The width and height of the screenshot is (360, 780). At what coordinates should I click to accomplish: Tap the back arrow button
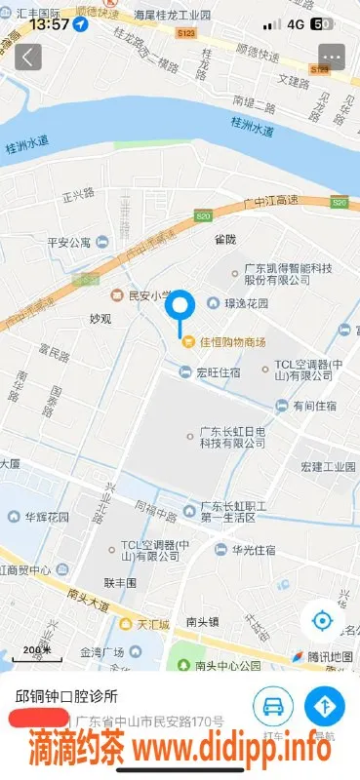pyautogui.click(x=27, y=57)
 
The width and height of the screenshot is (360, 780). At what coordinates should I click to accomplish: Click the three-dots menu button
pyautogui.click(x=332, y=57)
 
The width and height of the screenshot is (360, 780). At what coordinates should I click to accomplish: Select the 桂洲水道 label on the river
pyautogui.click(x=256, y=124)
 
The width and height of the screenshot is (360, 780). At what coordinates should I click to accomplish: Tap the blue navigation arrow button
pyautogui.click(x=324, y=705)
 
